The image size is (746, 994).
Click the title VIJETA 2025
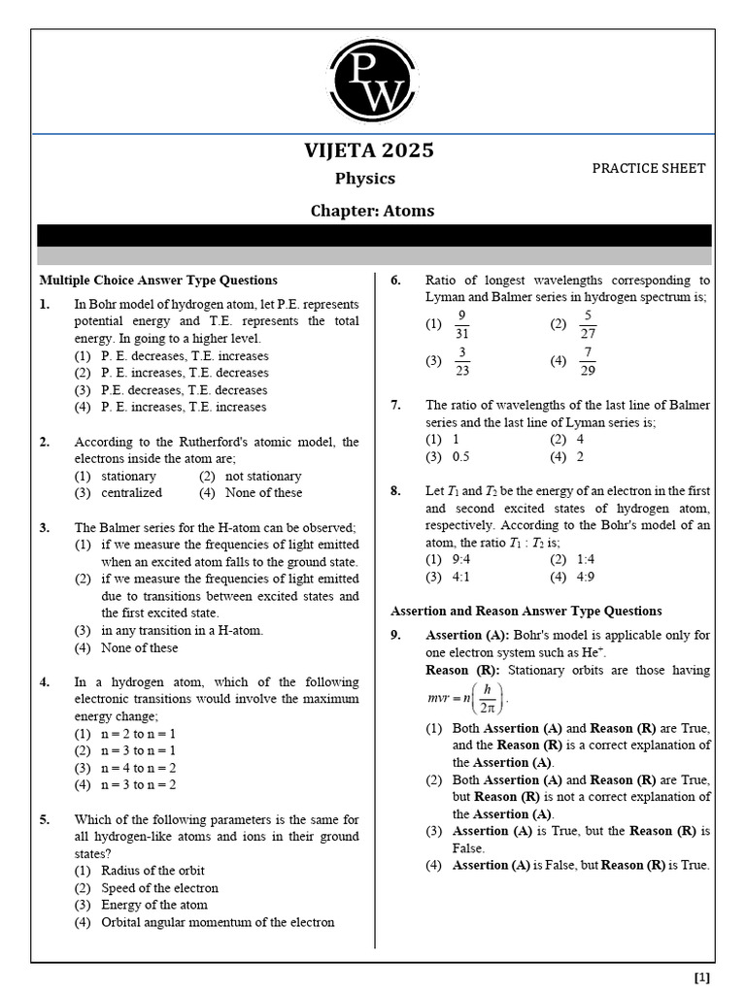369,150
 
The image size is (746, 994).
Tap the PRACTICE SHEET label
649,168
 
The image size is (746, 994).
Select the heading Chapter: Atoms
372,211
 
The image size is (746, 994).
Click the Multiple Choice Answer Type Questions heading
158,281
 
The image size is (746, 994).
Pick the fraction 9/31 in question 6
461,324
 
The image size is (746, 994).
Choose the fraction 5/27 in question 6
587,324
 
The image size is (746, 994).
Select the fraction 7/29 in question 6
587,361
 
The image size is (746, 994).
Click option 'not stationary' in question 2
262,477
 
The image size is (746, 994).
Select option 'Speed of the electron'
159,888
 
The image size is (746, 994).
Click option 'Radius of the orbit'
153,871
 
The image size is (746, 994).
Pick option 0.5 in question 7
460,457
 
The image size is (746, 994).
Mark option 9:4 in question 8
460,560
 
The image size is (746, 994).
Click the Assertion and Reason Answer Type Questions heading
526,612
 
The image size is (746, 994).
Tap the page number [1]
701,977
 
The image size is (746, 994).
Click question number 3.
45,528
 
